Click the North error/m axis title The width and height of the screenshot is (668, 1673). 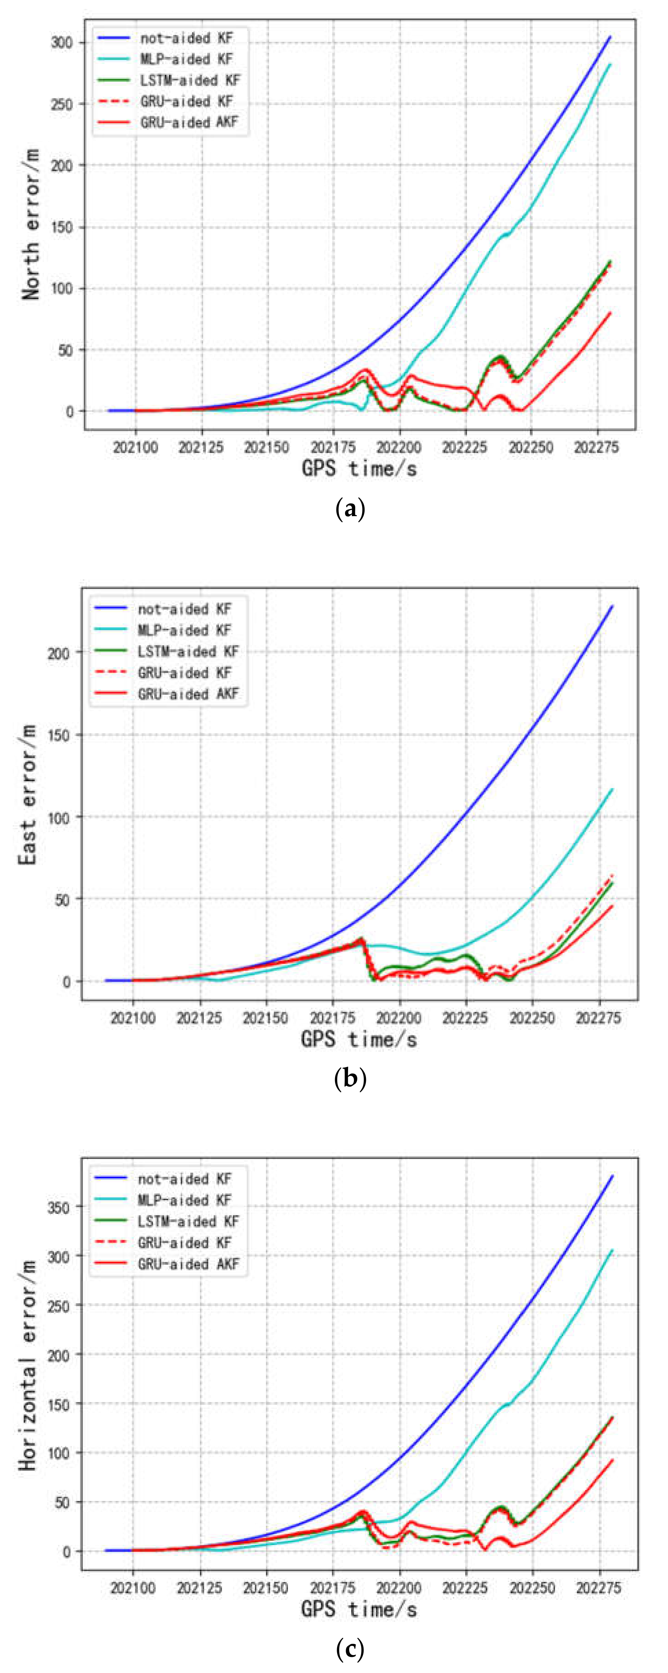31,224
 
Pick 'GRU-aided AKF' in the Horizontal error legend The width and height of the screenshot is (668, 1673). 188,1264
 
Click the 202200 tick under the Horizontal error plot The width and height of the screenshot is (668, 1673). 399,1588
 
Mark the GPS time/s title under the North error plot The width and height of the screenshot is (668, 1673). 359,468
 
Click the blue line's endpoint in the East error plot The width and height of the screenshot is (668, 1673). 612,606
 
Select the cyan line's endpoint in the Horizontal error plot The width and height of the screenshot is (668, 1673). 612,1251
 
